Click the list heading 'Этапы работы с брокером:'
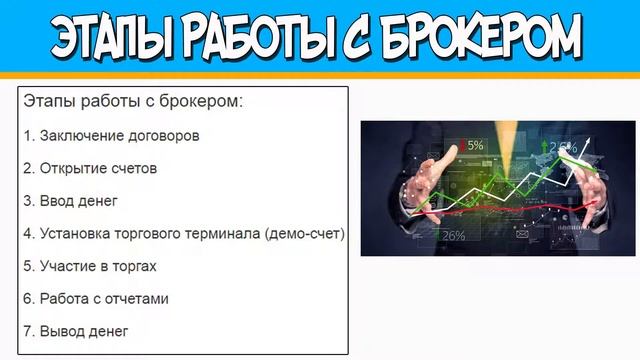click(132, 102)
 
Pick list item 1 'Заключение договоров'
click(111, 135)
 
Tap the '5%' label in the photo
click(473, 145)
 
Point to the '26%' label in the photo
click(452, 235)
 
